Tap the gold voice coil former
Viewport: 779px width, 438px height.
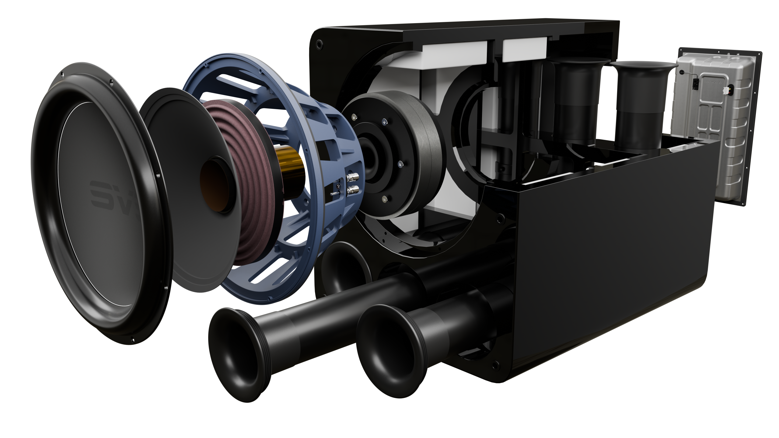288,164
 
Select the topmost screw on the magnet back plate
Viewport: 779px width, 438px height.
384,121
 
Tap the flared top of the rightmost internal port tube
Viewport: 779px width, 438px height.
639,65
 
